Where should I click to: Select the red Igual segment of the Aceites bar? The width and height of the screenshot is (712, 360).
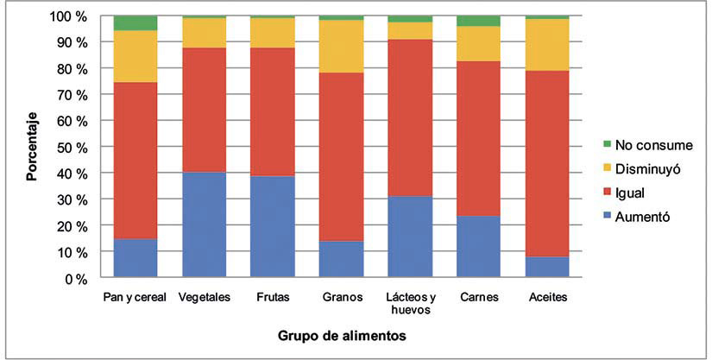point(548,163)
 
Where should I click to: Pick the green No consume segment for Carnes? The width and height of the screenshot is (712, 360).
point(479,21)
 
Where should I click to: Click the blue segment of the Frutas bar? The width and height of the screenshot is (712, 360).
point(271,227)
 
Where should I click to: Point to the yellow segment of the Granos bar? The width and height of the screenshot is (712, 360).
point(340,46)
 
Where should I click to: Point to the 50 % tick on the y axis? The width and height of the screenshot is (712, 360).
point(68,148)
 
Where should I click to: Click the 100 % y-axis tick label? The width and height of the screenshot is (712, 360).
point(66,16)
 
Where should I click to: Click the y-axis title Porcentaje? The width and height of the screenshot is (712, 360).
point(32,148)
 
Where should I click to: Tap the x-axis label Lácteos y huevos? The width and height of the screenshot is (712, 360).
point(409,302)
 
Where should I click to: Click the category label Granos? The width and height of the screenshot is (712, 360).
point(340,296)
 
